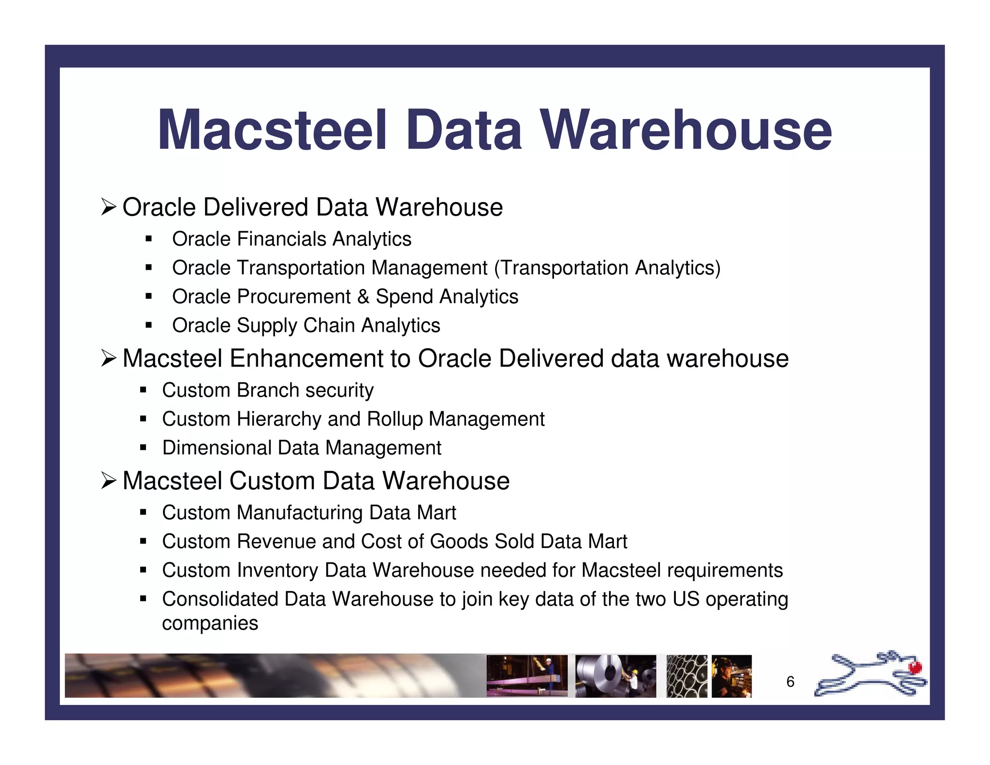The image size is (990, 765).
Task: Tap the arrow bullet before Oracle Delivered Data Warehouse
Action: (109, 207)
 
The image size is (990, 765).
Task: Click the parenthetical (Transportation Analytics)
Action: (607, 268)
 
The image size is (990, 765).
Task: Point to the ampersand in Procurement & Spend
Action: (363, 296)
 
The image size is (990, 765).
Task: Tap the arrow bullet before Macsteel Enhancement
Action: (109, 359)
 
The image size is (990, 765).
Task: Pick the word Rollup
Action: (392, 419)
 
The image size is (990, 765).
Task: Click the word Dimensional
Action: (217, 448)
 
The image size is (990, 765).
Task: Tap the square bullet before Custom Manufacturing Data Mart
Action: (143, 513)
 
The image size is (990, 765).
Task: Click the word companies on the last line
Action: (210, 623)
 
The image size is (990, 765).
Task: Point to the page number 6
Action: (790, 682)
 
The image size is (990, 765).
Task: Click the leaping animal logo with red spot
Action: (870, 674)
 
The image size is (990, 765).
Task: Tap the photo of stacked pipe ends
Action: (686, 676)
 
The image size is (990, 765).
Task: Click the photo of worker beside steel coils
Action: (615, 676)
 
